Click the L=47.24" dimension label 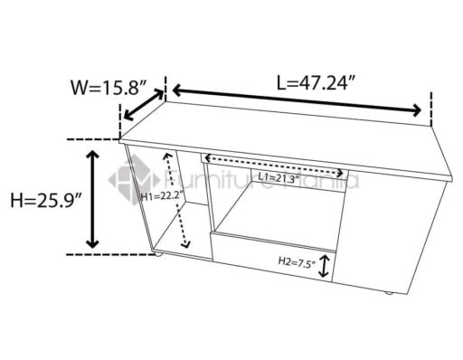pyautogui.click(x=315, y=82)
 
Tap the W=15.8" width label pyautogui.click(x=109, y=88)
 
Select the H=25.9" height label pyautogui.click(x=46, y=200)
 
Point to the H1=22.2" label pyautogui.click(x=162, y=196)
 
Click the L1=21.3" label pyautogui.click(x=279, y=178)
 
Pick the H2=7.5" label pyautogui.click(x=297, y=261)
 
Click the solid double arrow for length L pyautogui.click(x=297, y=100)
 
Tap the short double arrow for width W pyautogui.click(x=144, y=105)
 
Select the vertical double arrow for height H pyautogui.click(x=92, y=199)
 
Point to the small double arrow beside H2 pyautogui.click(x=324, y=265)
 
